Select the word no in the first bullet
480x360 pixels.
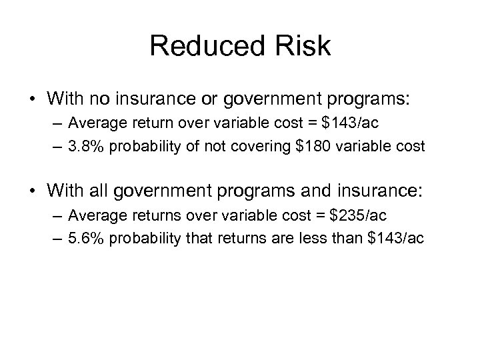pyautogui.click(x=126, y=98)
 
